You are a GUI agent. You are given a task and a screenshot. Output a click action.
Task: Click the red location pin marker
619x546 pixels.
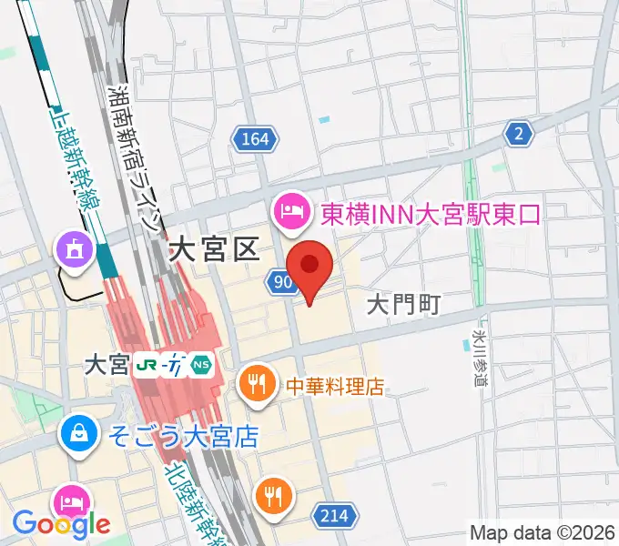pos(309,267)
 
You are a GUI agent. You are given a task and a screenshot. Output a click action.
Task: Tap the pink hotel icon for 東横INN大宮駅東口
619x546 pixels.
pos(291,213)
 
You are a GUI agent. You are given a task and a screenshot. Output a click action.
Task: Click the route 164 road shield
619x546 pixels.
pos(255,138)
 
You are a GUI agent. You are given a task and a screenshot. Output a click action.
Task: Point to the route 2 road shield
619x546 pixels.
pos(519,134)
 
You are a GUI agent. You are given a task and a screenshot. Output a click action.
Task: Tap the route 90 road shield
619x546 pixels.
pos(281,283)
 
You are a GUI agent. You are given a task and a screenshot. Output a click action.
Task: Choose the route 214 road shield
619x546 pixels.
pos(333,516)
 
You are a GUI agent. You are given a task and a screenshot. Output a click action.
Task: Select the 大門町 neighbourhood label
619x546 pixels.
pos(403,305)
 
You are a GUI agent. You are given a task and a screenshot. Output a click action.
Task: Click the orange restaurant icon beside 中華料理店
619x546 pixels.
pos(259,386)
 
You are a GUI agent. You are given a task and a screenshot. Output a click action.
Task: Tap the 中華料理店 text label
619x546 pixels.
pos(334,386)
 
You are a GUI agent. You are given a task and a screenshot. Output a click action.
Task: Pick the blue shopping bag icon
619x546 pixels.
pos(80,434)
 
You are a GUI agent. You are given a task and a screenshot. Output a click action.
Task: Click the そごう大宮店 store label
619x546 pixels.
pos(183,435)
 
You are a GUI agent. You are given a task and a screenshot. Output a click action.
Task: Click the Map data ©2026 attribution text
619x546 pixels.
pos(543,532)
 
